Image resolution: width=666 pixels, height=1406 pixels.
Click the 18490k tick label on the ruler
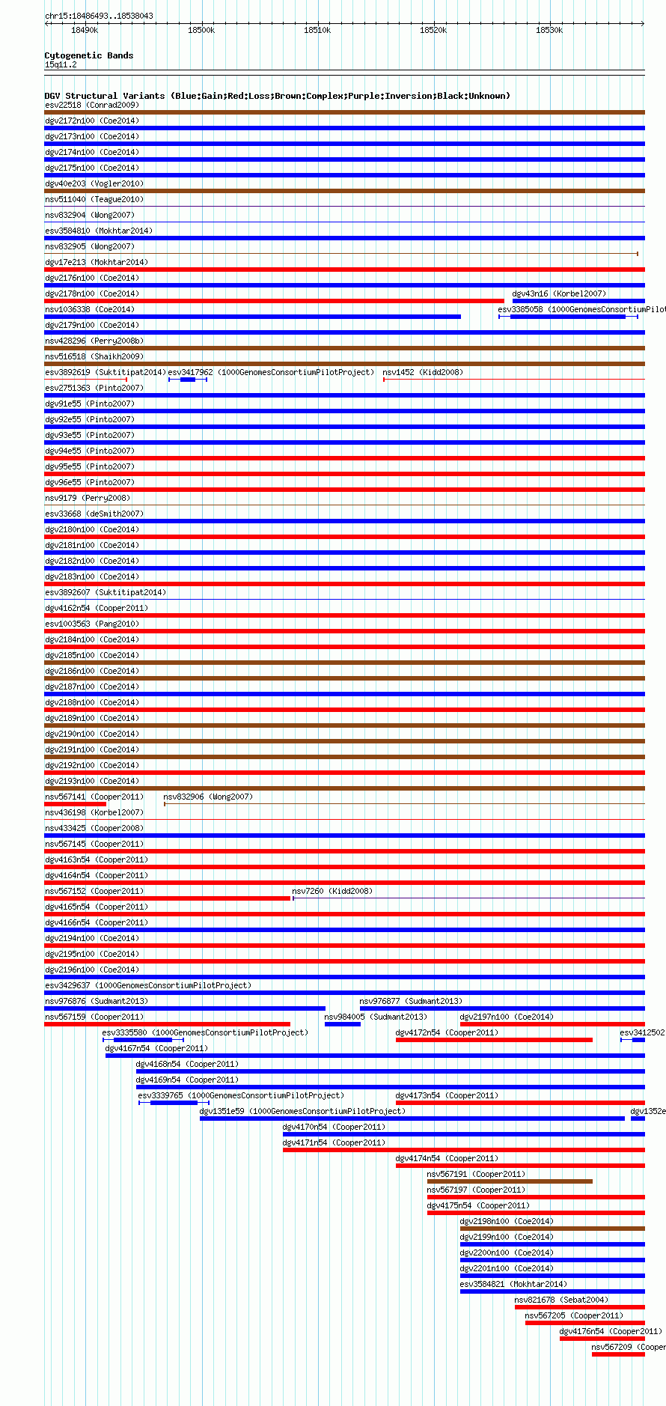coord(85,30)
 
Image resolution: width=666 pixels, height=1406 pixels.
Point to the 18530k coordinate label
coord(549,30)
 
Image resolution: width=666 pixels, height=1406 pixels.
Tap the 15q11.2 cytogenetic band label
coord(61,64)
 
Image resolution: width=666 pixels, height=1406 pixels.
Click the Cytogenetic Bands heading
coord(89,55)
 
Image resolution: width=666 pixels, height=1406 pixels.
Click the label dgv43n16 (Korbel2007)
coord(559,293)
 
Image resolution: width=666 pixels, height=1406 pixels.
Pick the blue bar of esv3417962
coord(188,380)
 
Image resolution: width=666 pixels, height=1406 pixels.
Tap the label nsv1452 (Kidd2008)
coord(423,372)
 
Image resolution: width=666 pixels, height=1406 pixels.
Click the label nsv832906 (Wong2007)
coord(208,797)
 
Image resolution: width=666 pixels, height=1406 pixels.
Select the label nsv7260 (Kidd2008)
coord(332,891)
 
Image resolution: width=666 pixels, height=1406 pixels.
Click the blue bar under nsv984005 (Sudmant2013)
coord(343,1024)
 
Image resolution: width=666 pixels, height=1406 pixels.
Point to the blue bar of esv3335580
coord(143,1040)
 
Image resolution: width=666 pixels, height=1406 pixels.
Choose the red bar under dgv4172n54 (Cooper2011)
coord(494,1040)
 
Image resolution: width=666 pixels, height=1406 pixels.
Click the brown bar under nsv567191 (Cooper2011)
coord(510,1181)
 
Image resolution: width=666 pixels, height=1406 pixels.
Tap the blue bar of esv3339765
coord(174,1103)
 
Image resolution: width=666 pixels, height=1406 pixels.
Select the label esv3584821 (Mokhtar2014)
coord(513,1284)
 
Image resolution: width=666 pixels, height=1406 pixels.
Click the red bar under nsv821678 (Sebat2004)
coord(579,1307)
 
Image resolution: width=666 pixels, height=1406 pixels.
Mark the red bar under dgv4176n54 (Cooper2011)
coord(602,1339)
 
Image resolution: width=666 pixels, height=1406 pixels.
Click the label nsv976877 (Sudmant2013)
coord(411,1001)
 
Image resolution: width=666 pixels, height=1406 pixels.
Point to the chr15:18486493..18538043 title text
coord(100,16)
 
